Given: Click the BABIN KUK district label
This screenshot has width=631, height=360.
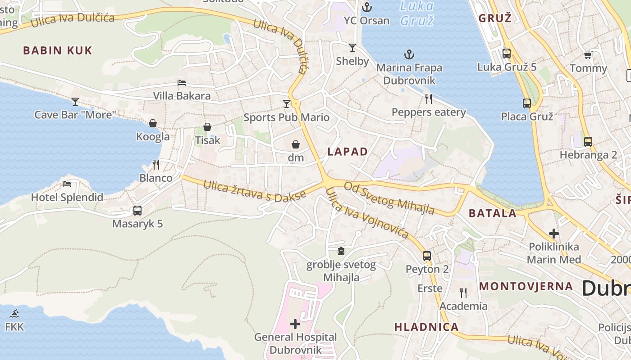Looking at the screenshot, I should click(x=57, y=50).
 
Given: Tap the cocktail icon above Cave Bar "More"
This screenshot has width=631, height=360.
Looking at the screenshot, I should click(x=75, y=102).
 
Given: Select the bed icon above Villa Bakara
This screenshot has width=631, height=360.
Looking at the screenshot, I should click(x=182, y=83).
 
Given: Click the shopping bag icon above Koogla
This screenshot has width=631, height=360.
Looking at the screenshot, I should click(x=153, y=123).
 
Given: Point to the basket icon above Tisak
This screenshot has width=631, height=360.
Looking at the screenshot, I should click(x=207, y=127).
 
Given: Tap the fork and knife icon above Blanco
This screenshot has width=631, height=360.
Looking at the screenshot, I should click(x=156, y=164).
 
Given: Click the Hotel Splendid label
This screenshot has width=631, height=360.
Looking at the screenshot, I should click(x=67, y=197).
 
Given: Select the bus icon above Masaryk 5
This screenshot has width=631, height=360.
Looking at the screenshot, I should click(x=137, y=210).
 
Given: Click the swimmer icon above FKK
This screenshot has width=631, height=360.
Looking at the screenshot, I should click(x=14, y=314).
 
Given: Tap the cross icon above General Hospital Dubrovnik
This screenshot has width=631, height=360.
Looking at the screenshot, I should click(x=295, y=324).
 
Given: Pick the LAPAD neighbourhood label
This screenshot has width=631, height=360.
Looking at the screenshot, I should click(x=348, y=152).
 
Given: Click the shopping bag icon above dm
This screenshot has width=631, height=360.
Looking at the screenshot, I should click(x=296, y=144).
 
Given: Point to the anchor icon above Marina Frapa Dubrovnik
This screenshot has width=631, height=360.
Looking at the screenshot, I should click(x=409, y=55).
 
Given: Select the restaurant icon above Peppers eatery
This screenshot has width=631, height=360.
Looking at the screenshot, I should click(x=429, y=99).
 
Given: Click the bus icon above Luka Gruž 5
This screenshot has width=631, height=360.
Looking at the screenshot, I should click(x=507, y=54).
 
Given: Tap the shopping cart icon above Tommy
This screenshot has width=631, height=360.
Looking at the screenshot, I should click(x=588, y=55).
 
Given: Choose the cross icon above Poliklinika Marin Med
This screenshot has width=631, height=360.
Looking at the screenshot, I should click(x=554, y=234).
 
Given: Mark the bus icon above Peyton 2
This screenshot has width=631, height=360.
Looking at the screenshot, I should click(x=427, y=256).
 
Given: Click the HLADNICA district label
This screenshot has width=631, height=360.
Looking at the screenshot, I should click(x=426, y=327).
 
